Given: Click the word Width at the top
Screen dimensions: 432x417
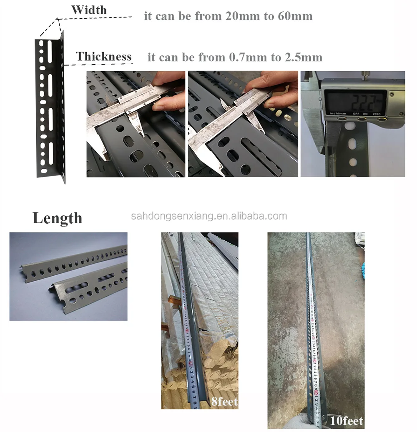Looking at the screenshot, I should (88, 10).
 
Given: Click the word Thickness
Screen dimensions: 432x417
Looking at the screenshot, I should (103, 57).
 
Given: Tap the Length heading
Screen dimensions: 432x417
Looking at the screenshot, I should (57, 218).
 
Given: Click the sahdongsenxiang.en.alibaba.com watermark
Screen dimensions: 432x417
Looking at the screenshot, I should (208, 216).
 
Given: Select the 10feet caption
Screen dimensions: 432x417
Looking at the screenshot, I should (346, 421).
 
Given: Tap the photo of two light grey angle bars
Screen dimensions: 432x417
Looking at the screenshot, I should (68, 276).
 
